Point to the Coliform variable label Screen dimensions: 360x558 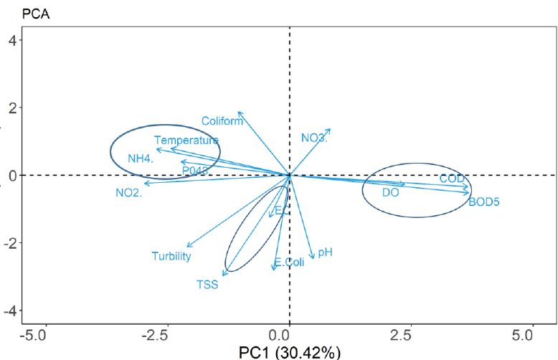tap(222, 120)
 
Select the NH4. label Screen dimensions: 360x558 tap(141, 158)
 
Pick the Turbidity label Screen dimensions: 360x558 tap(171, 256)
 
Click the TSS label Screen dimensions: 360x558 tap(207, 284)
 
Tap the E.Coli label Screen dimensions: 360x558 tap(289, 262)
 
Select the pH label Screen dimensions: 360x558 tap(325, 252)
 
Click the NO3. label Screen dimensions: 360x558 tap(314, 138)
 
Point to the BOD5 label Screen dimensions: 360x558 tap(483, 202)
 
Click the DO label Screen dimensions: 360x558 tap(390, 192)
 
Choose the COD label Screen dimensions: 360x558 tap(453, 178)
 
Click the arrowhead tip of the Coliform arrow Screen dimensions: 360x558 tap(239, 112)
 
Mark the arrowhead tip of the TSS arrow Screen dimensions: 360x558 tap(223, 275)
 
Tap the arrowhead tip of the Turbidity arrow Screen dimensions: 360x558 tap(186, 247)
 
